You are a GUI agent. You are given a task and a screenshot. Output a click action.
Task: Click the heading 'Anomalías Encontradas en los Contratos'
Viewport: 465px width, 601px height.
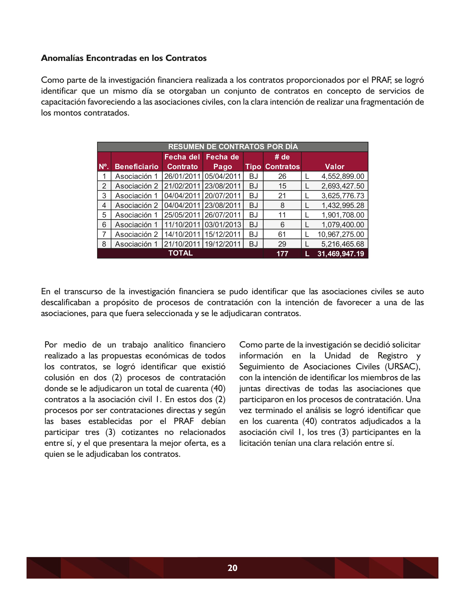click(124, 58)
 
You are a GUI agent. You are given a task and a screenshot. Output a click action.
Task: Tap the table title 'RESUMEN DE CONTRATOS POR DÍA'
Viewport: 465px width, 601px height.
click(233, 146)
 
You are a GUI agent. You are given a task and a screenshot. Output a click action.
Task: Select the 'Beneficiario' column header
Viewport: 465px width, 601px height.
click(136, 166)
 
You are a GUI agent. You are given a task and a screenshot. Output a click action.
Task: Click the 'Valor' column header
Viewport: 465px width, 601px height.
click(335, 166)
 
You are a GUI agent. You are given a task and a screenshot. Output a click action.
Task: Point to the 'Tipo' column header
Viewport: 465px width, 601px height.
click(253, 166)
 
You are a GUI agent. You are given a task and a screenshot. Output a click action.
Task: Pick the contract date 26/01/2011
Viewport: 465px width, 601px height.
click(182, 176)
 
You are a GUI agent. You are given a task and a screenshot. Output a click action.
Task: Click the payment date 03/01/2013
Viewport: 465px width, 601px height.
click(223, 225)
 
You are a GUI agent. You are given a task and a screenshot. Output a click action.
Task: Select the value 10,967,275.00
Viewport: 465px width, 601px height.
click(341, 234)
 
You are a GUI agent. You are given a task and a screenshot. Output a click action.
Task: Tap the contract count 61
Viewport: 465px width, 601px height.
click(282, 234)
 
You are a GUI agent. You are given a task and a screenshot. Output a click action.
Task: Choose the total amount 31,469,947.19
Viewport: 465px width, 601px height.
click(341, 254)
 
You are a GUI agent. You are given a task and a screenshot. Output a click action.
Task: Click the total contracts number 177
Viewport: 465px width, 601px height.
click(282, 254)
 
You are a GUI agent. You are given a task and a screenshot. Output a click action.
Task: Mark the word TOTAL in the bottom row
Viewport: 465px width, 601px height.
click(181, 253)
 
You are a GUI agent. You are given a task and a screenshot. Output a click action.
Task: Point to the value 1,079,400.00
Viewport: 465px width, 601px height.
click(343, 225)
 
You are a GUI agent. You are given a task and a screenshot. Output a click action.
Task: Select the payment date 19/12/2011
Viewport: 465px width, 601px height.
click(223, 244)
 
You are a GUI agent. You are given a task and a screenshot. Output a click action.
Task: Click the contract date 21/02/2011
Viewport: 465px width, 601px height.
click(182, 186)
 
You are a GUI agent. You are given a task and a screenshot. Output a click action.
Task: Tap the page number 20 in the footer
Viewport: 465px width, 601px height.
click(232, 568)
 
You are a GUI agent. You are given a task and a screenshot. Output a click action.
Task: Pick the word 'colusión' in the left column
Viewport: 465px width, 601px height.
click(59, 378)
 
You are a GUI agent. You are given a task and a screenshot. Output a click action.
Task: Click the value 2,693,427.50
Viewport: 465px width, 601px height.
click(343, 186)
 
